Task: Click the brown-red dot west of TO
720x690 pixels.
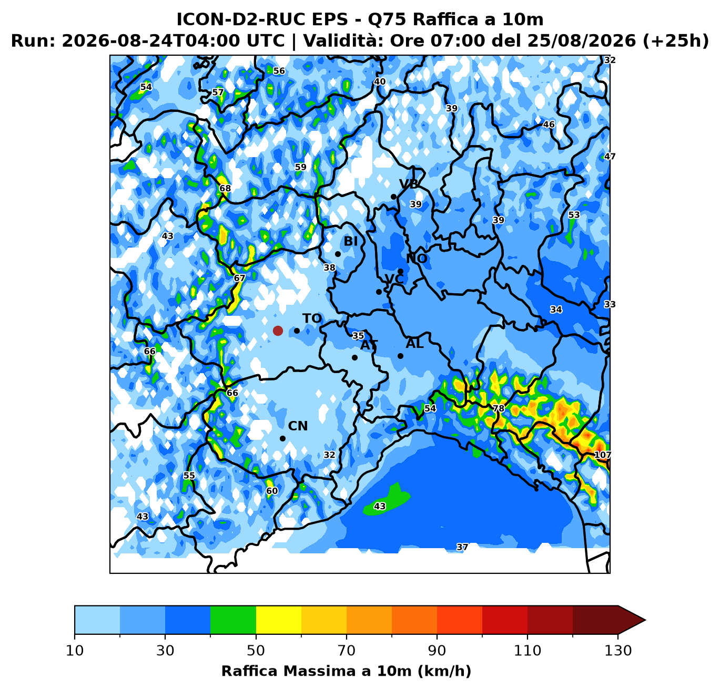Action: [x=278, y=331]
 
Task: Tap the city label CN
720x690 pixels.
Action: [x=298, y=426]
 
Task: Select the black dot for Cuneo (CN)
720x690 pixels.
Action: [x=282, y=438]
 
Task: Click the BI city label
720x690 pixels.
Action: [x=350, y=241]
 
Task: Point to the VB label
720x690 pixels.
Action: [x=409, y=184]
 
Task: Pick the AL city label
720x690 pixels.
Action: [x=414, y=344]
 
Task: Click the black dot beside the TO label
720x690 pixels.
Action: [x=297, y=331]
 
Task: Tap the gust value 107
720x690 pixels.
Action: [x=602, y=455]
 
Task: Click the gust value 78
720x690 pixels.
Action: [x=499, y=408]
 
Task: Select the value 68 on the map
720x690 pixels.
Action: [x=225, y=188]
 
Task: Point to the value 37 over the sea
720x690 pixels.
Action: [x=462, y=547]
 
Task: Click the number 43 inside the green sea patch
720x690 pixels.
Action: [x=380, y=506]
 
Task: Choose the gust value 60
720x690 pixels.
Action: [x=272, y=491]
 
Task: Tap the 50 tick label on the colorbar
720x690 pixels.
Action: [x=256, y=651]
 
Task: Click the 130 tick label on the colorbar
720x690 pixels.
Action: [x=617, y=651]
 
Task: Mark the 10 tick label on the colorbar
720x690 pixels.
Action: [x=75, y=651]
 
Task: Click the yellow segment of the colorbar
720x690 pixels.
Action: [x=278, y=620]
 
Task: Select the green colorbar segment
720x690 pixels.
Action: [x=233, y=620]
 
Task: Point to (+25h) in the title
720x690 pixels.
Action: [x=676, y=40]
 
